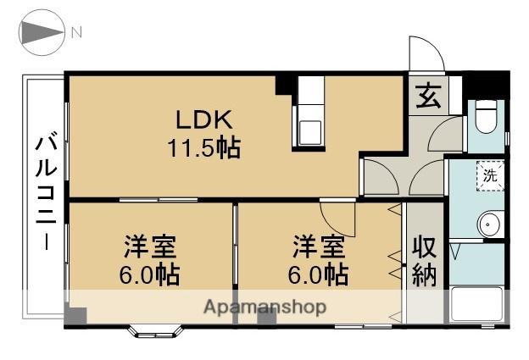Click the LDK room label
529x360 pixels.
click(x=202, y=119)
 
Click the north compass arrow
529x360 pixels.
click(x=40, y=33)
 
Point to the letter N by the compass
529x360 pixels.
click(x=76, y=33)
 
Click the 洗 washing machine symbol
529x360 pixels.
click(x=490, y=177)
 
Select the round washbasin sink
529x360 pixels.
click(x=490, y=224)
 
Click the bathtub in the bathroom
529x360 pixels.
click(x=476, y=305)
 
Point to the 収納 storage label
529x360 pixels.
click(x=425, y=262)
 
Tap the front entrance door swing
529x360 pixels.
click(x=426, y=56)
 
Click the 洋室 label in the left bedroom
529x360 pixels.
click(x=150, y=247)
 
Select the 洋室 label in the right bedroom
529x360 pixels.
click(x=320, y=247)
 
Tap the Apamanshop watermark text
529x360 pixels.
click(x=264, y=307)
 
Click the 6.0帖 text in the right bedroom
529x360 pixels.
click(x=320, y=274)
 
